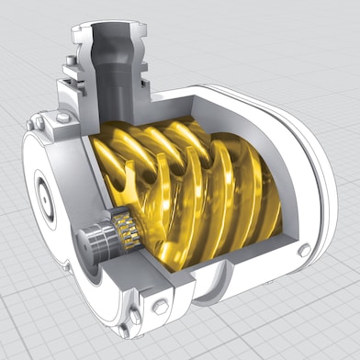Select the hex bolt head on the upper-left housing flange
click(62, 118)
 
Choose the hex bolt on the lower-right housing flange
click(304, 250)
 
